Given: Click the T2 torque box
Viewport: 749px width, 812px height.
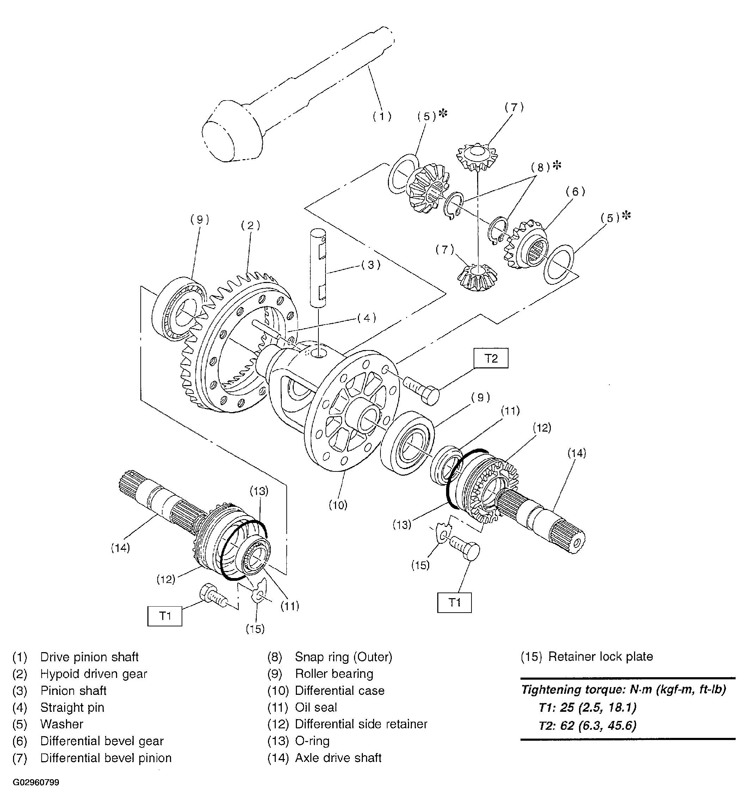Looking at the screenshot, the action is (491, 359).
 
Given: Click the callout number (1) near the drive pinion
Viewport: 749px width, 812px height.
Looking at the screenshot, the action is (382, 116).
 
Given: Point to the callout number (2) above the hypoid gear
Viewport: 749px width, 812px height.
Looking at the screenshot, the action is (250, 225).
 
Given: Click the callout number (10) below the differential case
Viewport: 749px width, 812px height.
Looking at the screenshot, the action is (338, 505).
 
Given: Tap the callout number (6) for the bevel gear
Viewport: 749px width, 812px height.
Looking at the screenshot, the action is (576, 191).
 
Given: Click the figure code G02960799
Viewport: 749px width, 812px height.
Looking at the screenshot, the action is (36, 794).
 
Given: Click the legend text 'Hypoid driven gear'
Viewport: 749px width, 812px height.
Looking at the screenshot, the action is (94, 674).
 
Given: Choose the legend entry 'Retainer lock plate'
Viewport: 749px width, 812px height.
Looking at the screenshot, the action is (600, 657).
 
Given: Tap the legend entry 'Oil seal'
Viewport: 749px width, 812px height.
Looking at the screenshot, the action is (316, 707).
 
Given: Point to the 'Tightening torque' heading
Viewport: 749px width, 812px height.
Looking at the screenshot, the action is (623, 690).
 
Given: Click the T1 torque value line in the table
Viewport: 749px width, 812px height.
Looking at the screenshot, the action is (587, 707).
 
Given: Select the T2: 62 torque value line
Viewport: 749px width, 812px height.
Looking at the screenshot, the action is (587, 725).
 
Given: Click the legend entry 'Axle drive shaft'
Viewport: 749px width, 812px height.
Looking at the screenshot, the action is (338, 758).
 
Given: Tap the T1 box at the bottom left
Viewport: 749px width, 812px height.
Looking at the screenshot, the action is (165, 616).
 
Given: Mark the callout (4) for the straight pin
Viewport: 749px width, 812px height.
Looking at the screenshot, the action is (366, 318).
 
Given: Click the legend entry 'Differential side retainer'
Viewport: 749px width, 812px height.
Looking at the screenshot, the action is (361, 724).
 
